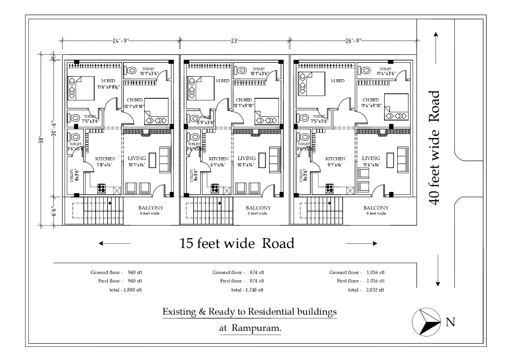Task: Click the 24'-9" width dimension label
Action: [121, 41]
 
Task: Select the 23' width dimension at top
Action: [235, 41]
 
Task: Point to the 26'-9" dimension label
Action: [353, 41]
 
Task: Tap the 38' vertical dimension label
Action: [41, 140]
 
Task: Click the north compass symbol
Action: [426, 322]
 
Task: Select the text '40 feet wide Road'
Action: [434, 148]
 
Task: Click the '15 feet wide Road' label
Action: [237, 243]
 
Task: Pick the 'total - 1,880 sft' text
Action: [126, 290]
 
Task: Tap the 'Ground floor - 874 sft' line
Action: [238, 272]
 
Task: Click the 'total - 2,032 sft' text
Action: [366, 290]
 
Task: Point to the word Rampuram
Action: [256, 328]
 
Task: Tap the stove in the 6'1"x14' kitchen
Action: [215, 188]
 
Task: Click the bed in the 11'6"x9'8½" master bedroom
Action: [81, 88]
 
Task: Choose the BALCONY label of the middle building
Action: [258, 208]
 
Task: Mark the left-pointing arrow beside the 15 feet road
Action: [114, 243]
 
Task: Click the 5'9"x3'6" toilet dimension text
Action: [206, 122]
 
